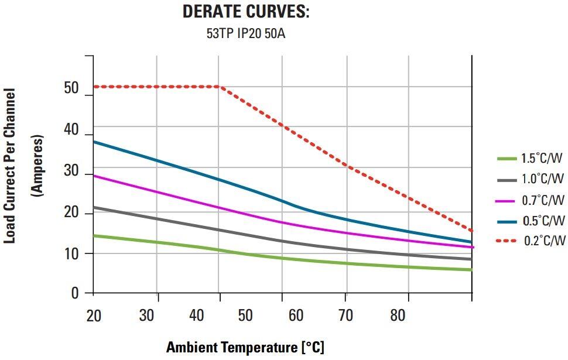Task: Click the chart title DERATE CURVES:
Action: (245, 12)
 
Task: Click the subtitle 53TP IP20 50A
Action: (245, 33)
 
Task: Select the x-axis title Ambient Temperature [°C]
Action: (245, 347)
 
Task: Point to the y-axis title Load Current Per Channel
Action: (10, 166)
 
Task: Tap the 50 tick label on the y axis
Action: (71, 89)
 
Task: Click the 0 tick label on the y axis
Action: (75, 293)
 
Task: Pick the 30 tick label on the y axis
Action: (71, 174)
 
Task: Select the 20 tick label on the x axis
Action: (94, 316)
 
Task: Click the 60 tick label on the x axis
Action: (296, 316)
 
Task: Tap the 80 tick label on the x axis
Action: (398, 316)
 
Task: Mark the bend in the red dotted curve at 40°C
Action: (219, 87)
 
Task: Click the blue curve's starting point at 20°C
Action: (94, 142)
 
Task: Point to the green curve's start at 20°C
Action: (94, 235)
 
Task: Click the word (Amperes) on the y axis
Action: (37, 166)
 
